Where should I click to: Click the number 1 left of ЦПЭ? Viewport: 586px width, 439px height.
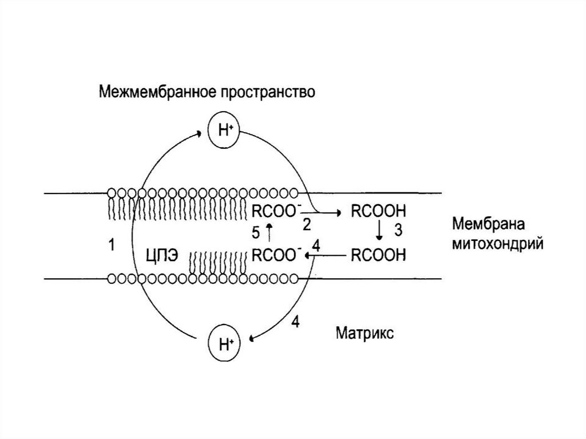tap(112, 246)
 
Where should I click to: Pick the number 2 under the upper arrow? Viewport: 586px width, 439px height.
tap(307, 225)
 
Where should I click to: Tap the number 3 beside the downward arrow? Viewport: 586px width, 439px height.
tap(399, 231)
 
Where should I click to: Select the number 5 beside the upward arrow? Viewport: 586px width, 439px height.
tap(256, 232)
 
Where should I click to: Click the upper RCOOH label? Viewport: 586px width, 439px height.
tap(378, 211)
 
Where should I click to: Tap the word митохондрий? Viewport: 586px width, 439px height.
tap(497, 244)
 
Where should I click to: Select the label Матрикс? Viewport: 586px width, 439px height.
tap(365, 333)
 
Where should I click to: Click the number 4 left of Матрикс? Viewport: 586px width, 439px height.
tap(295, 322)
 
